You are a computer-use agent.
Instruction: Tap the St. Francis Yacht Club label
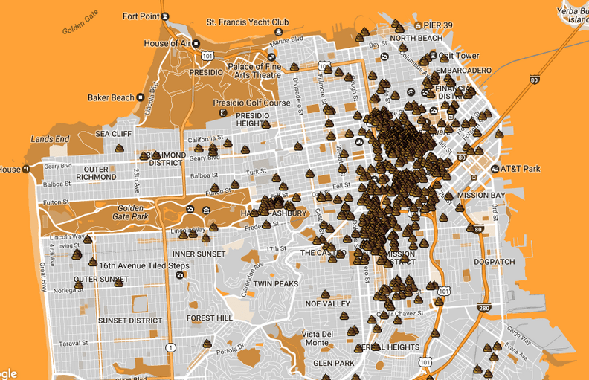tap(247, 22)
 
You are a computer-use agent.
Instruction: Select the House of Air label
tap(167, 43)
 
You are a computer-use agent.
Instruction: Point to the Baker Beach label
tap(111, 97)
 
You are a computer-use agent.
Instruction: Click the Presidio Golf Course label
tap(260, 103)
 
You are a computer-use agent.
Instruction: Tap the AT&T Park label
tap(520, 169)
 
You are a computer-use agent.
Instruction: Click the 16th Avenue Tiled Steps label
tap(144, 265)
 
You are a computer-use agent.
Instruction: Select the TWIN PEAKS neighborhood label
tap(275, 284)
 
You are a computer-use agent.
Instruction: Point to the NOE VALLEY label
tap(327, 304)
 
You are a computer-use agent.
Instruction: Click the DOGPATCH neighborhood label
tap(495, 262)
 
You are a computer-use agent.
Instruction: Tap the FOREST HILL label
tap(210, 318)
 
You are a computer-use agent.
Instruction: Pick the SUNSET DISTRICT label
tap(129, 321)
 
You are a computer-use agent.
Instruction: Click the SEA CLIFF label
tap(113, 134)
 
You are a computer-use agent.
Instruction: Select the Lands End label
tap(50, 139)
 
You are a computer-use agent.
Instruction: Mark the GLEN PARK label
tap(333, 363)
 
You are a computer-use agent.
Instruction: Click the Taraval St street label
tap(74, 344)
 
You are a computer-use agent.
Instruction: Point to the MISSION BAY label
tap(481, 196)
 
